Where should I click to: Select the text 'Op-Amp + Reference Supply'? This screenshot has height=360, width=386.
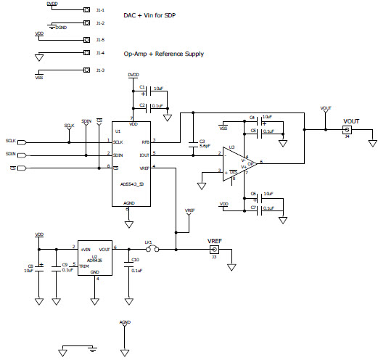click(x=169, y=54)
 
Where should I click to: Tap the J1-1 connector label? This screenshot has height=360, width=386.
click(x=100, y=10)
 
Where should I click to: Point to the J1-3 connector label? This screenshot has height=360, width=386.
click(x=100, y=70)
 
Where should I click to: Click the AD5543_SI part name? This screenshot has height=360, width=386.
click(x=131, y=184)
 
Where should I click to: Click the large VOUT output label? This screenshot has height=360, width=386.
click(x=351, y=121)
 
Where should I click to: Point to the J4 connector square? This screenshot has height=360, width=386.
click(x=345, y=130)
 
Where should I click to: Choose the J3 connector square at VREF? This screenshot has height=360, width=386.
click(x=213, y=250)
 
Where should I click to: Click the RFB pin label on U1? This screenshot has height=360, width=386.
click(x=145, y=142)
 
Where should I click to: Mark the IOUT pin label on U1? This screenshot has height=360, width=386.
click(x=145, y=154)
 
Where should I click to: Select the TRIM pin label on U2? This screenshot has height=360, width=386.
click(x=84, y=266)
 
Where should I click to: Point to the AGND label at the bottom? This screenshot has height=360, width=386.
click(x=125, y=320)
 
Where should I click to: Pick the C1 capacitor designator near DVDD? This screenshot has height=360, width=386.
click(x=142, y=87)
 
